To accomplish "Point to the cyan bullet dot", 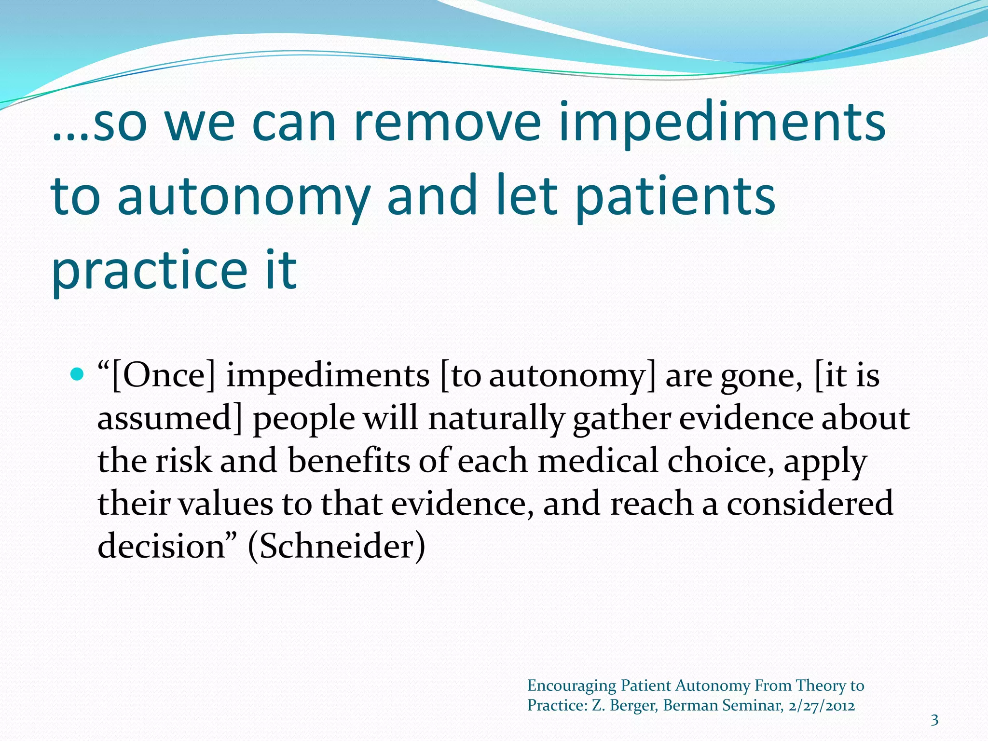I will click(77, 373).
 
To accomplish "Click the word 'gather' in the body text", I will click(621, 418).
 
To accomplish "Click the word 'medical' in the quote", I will click(598, 460).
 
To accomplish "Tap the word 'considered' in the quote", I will click(810, 503).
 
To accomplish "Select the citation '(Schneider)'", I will click(337, 546).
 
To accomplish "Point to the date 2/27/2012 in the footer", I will click(822, 705).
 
